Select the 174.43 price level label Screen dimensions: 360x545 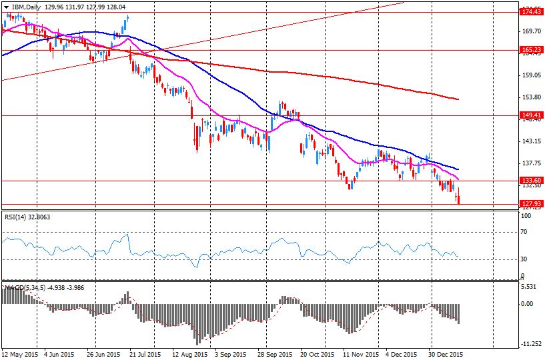(531, 12)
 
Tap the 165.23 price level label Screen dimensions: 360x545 (531, 49)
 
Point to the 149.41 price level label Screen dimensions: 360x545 (531, 115)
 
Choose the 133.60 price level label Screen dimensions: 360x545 (531, 181)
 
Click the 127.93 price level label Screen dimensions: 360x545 (531, 204)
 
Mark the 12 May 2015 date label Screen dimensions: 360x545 (19, 355)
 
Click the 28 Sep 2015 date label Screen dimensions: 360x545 (275, 355)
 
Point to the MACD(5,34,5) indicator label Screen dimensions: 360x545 (24, 287)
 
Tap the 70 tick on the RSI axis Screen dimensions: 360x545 (525, 232)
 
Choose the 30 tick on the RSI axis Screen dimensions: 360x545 (525, 259)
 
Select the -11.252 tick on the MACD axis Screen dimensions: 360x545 (531, 345)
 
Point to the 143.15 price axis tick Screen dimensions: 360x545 (531, 141)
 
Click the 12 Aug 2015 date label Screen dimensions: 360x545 (189, 355)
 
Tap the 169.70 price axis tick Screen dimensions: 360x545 (531, 31)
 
